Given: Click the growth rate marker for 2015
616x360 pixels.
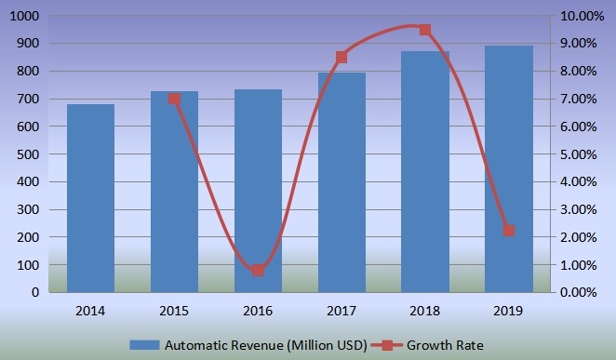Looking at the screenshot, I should pyautogui.click(x=174, y=99).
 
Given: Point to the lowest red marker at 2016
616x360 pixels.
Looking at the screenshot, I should pyautogui.click(x=258, y=271).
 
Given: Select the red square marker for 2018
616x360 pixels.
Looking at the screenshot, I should pyautogui.click(x=425, y=30).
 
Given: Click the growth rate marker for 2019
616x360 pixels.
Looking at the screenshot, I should pyautogui.click(x=509, y=231).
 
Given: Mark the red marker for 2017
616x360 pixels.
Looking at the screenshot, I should pyautogui.click(x=341, y=58).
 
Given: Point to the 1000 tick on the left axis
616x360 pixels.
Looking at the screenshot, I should pyautogui.click(x=22, y=17).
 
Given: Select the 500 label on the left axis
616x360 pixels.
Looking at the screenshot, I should pyautogui.click(x=26, y=154).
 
